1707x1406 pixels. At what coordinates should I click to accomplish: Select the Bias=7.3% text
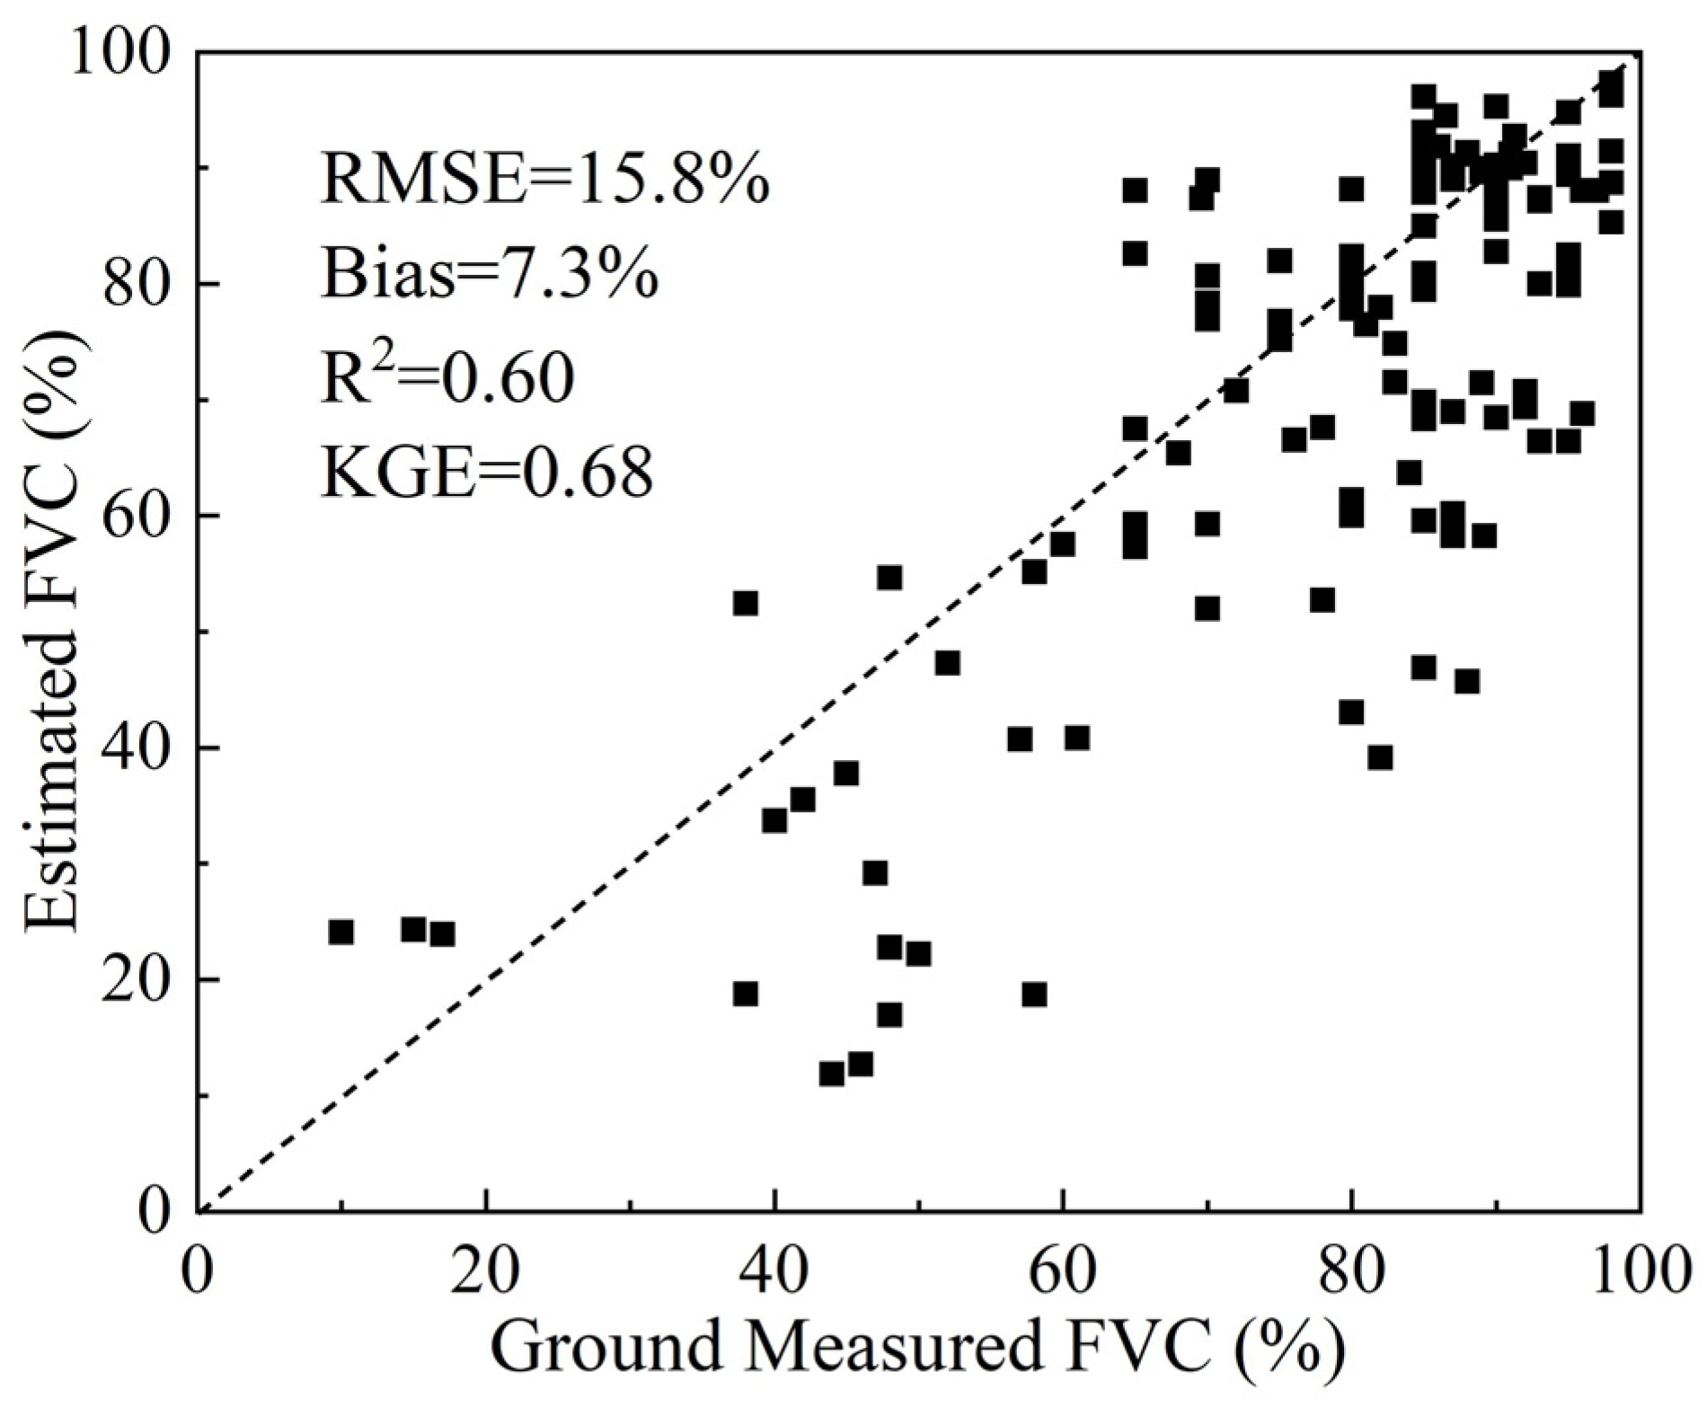490,276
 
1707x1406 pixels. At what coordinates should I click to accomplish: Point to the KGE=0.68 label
486,473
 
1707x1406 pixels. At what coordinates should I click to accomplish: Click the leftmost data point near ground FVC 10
341,932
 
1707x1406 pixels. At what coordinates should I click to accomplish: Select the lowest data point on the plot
832,1074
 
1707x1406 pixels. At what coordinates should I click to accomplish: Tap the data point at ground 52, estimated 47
947,663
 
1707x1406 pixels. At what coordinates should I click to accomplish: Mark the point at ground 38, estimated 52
745,603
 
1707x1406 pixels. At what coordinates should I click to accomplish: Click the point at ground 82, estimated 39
1380,757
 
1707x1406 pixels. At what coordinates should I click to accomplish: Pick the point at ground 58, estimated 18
1034,995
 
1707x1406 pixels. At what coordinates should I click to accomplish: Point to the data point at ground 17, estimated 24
442,934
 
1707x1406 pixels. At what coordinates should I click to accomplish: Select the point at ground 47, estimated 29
875,872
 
